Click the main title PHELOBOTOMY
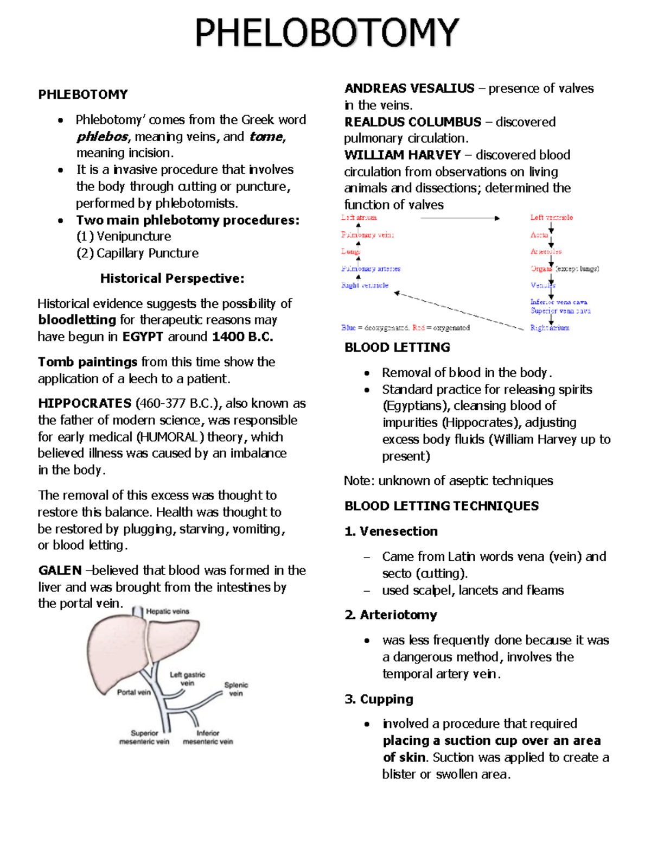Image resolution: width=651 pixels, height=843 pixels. [327, 34]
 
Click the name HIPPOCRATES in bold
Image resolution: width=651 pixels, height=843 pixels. [85, 403]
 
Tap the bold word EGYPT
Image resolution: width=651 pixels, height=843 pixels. [143, 337]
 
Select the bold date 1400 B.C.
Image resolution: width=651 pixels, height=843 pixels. [242, 337]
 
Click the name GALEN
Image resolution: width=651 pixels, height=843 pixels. [60, 571]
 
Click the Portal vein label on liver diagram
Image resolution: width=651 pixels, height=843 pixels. [133, 692]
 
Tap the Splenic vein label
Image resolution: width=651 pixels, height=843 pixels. [236, 689]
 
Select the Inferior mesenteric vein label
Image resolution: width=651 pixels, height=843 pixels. [208, 737]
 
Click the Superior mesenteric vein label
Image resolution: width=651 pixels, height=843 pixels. [144, 737]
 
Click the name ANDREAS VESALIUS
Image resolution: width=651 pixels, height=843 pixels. [409, 88]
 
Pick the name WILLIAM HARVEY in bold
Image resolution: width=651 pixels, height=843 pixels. [403, 155]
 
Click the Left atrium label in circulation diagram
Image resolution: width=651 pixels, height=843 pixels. [359, 218]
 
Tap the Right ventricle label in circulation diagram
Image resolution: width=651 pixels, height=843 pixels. [365, 285]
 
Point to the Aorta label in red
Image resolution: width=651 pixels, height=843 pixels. [539, 235]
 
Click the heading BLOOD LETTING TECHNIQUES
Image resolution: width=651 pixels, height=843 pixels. [441, 506]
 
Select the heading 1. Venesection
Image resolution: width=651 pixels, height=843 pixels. [391, 531]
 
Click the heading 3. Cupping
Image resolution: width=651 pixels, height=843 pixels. [379, 699]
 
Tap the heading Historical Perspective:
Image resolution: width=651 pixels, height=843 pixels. [172, 278]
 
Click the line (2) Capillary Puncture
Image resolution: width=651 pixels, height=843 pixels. [137, 253]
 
